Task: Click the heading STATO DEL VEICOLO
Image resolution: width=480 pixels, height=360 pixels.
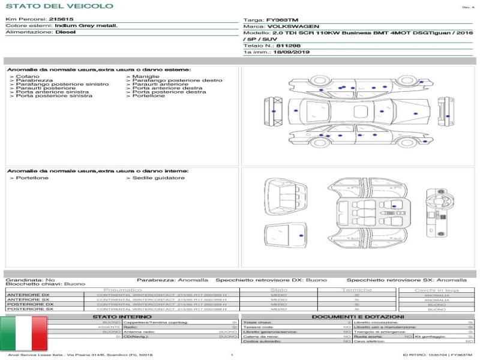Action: coord(59,6)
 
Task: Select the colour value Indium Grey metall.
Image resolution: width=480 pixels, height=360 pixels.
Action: coord(86,26)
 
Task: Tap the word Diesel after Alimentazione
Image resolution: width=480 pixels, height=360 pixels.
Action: coord(65,32)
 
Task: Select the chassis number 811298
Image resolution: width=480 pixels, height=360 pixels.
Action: coord(289,46)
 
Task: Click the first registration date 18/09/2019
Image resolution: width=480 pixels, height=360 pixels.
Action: coord(291,53)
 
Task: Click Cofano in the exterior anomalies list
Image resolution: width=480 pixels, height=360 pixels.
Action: coord(27,77)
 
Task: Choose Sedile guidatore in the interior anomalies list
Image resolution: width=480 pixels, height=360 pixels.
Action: coord(158,178)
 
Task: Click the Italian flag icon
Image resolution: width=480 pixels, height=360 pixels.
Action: coord(23,334)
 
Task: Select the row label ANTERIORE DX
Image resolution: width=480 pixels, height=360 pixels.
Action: coord(28,295)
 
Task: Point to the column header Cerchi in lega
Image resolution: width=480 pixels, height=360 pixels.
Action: coord(436,290)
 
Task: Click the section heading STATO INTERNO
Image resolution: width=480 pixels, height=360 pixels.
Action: coord(118,317)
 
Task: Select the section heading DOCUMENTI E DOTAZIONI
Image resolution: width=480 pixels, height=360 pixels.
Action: coord(358,317)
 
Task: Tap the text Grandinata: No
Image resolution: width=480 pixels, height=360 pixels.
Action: coord(30,280)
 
